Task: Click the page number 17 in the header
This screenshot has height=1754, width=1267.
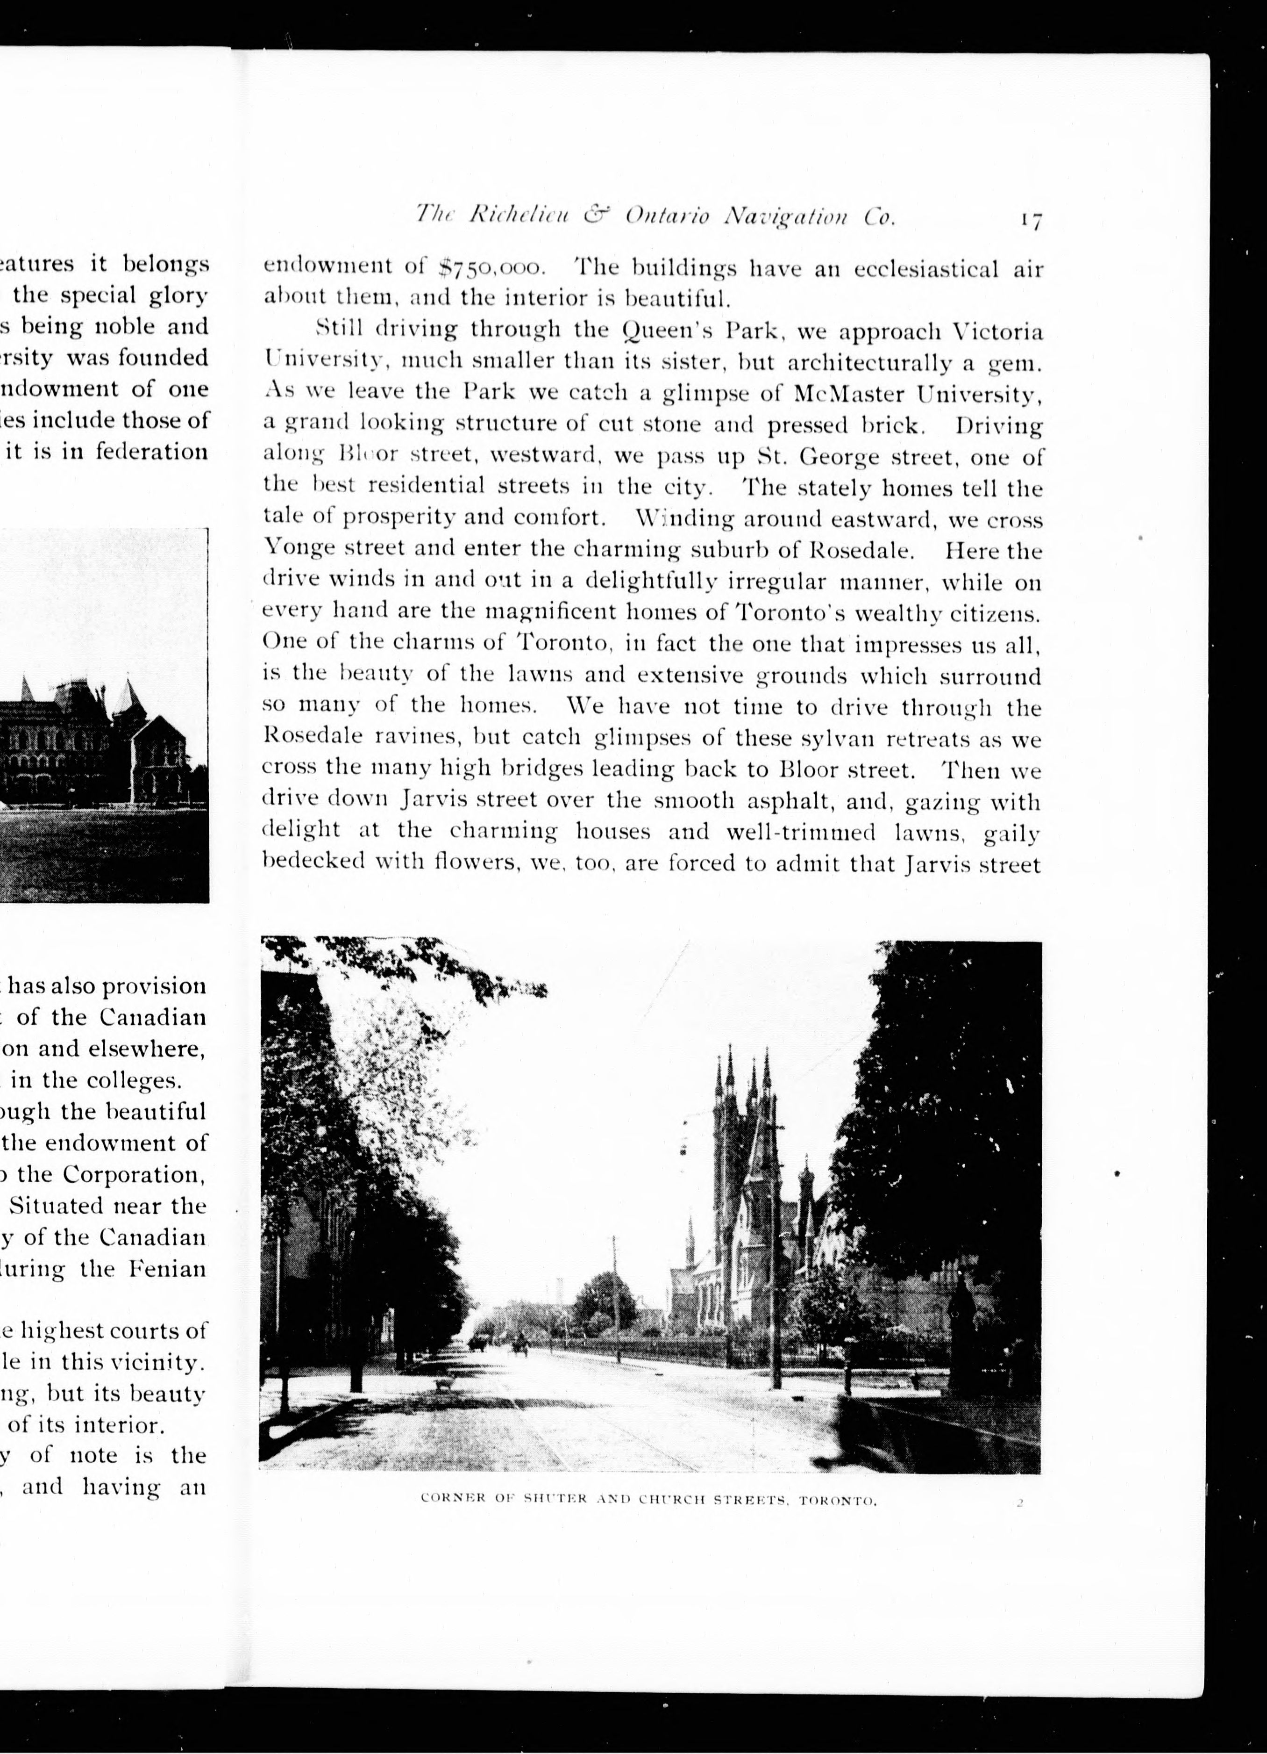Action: (x=1031, y=220)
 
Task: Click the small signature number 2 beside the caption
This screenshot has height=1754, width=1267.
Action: (x=1020, y=961)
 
